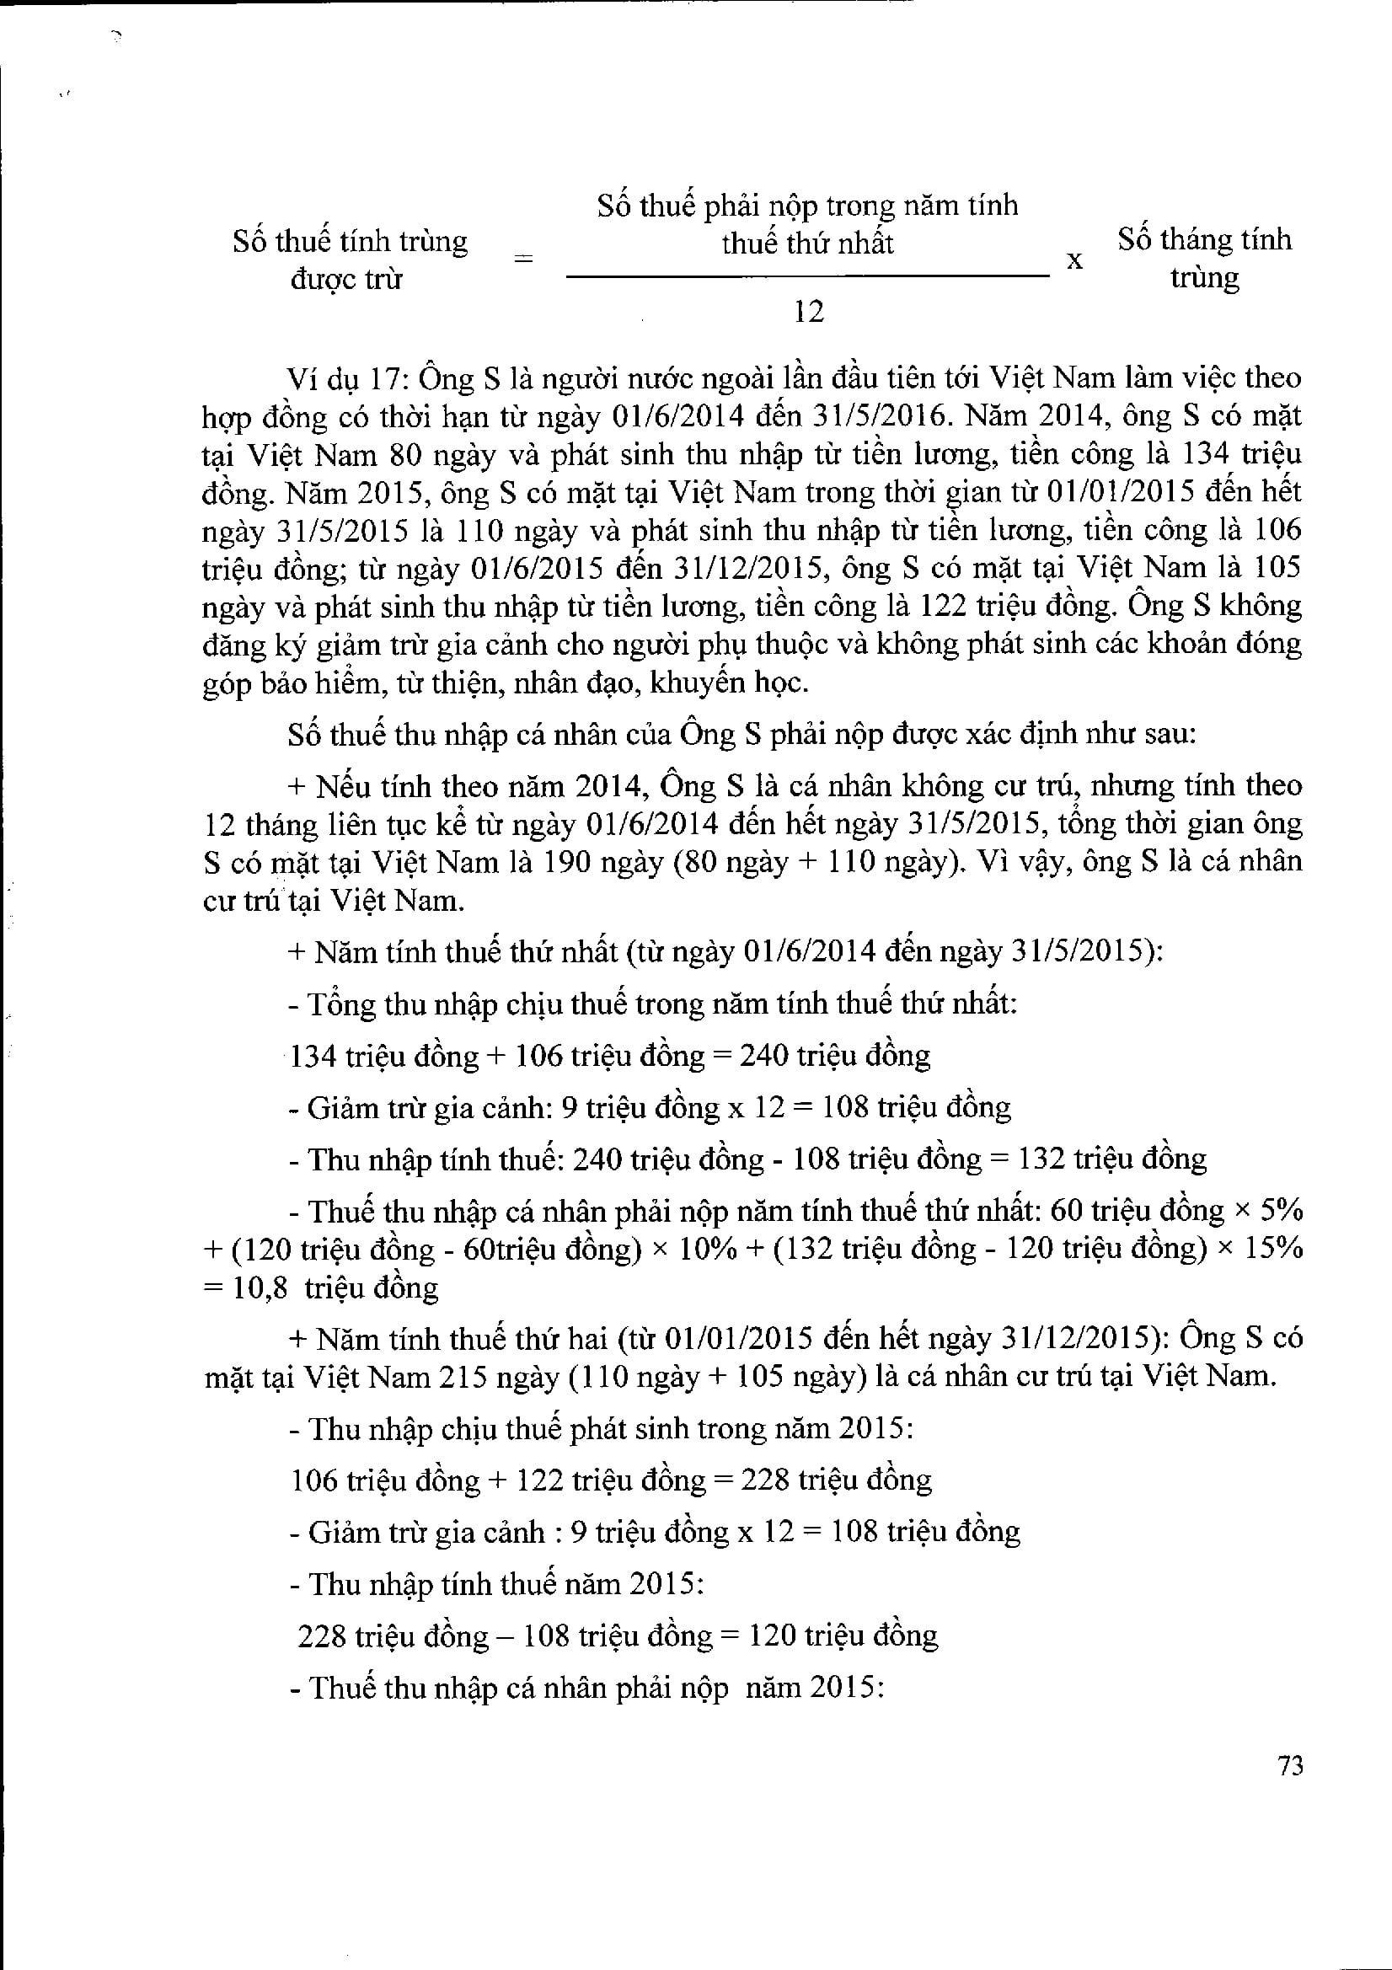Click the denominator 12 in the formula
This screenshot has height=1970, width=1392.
[x=808, y=312]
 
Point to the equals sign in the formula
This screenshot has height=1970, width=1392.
[x=522, y=259]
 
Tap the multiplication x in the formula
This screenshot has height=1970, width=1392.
[x=1073, y=260]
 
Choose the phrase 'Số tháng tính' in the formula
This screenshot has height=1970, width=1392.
[x=1203, y=240]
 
